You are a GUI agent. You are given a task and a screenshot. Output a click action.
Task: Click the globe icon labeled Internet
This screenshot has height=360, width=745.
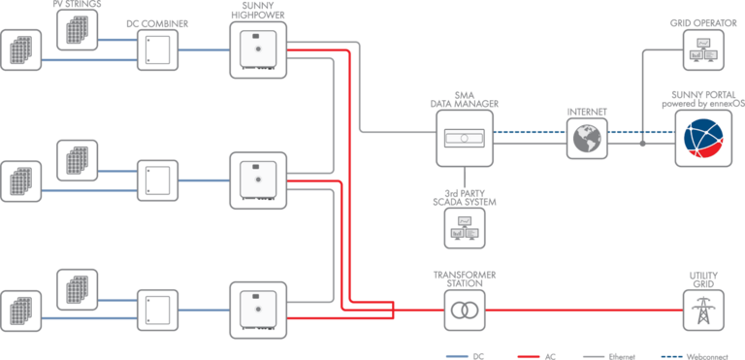(x=586, y=139)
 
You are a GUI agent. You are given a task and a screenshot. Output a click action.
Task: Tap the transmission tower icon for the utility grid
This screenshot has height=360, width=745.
(x=702, y=311)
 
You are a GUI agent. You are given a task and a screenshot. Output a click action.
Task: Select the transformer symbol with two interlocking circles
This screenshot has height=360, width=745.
(x=465, y=311)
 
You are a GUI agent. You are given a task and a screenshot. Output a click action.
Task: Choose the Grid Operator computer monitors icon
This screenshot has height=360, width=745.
(x=703, y=49)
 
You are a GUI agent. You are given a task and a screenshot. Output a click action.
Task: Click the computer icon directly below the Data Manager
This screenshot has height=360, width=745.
(x=465, y=227)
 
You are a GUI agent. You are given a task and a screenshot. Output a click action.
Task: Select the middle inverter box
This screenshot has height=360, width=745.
(x=258, y=180)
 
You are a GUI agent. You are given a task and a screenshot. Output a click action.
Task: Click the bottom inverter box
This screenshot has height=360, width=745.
(x=258, y=310)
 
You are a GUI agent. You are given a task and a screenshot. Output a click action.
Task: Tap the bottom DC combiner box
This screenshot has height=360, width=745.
(x=157, y=310)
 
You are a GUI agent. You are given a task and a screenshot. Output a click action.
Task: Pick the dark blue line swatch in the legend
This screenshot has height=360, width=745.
(x=672, y=355)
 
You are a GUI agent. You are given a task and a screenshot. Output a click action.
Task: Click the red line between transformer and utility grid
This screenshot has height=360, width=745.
(x=582, y=311)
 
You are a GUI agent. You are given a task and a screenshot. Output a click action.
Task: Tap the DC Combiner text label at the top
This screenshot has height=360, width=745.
(x=157, y=21)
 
